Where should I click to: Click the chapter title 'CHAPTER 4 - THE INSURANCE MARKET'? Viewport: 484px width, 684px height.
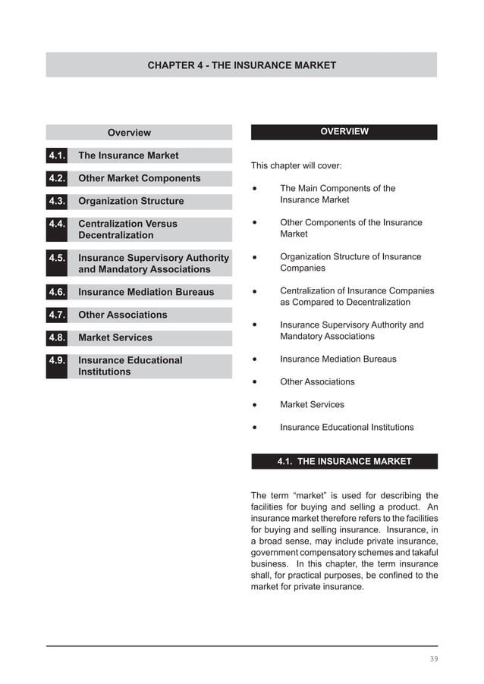(241, 65)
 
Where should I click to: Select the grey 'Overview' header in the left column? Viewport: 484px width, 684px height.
(129, 133)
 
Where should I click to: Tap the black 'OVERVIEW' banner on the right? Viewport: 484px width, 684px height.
(344, 132)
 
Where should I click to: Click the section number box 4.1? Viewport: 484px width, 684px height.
(57, 155)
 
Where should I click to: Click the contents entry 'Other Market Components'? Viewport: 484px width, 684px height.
(139, 178)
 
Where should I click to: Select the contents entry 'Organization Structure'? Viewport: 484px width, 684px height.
(130, 201)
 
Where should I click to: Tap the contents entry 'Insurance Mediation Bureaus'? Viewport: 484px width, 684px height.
(146, 292)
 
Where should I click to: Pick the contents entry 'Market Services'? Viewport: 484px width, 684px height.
(115, 337)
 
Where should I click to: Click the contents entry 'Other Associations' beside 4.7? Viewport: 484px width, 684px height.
(122, 315)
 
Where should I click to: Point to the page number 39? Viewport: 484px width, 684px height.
(433, 659)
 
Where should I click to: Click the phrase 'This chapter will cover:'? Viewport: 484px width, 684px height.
(296, 165)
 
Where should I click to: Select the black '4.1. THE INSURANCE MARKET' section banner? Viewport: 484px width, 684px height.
(344, 461)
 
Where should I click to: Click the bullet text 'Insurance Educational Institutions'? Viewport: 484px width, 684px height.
(347, 427)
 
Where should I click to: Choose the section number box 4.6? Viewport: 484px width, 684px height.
(57, 292)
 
